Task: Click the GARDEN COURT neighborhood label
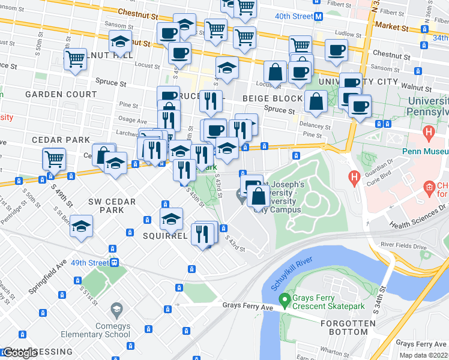(x=61, y=95)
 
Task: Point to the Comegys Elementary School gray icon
(x=117, y=310)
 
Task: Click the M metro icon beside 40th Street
(x=335, y=16)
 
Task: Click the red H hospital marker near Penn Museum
(x=429, y=131)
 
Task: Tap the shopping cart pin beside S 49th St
(x=54, y=159)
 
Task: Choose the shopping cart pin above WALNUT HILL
(x=76, y=59)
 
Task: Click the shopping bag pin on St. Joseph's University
(x=258, y=196)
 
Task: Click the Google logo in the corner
(x=20, y=353)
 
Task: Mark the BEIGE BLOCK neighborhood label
(x=273, y=98)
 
